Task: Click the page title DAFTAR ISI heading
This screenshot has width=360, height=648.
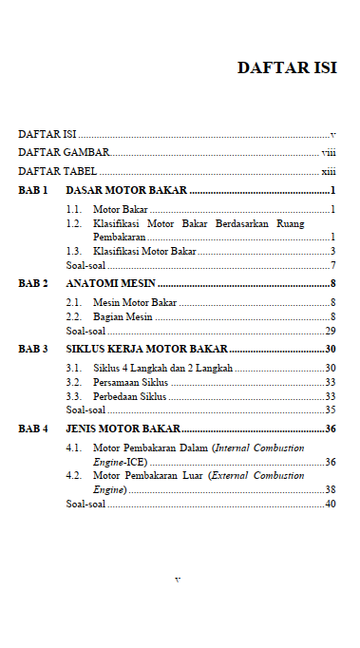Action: (286, 67)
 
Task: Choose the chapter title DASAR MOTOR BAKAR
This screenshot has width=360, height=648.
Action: (126, 190)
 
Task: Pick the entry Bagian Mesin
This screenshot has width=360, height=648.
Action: (123, 316)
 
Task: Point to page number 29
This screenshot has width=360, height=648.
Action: (331, 331)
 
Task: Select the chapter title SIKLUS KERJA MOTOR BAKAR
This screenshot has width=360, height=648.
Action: (146, 349)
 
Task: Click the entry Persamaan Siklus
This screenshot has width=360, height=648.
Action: (131, 382)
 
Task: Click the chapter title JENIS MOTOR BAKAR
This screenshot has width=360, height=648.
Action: (123, 429)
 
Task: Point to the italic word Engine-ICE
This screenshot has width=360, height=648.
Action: (118, 461)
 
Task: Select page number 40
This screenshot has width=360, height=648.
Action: (331, 504)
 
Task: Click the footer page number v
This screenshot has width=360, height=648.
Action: (178, 579)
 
